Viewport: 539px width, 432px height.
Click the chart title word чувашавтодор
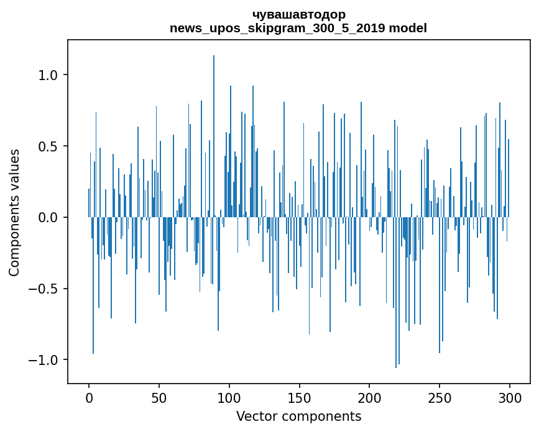click(298, 14)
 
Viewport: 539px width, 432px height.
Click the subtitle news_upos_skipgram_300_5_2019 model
click(298, 28)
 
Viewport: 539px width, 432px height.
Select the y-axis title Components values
click(14, 212)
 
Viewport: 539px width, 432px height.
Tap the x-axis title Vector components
click(298, 416)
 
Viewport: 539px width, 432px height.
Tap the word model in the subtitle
click(408, 28)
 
